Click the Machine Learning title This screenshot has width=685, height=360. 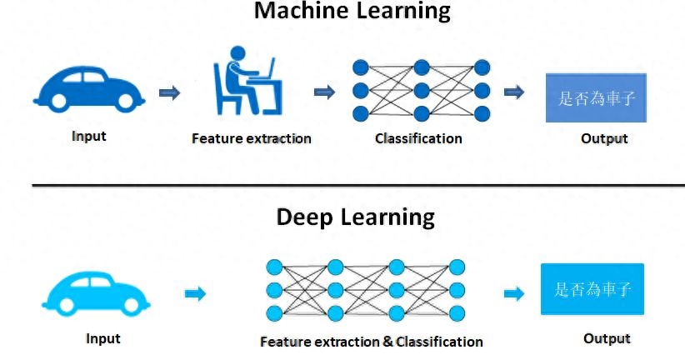[x=352, y=12]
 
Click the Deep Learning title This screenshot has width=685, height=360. [x=356, y=217]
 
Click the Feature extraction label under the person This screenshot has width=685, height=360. [x=251, y=138]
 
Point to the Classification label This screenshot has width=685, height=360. [x=418, y=138]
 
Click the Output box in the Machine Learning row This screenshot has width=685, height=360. [x=596, y=98]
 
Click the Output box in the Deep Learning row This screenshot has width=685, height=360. [x=592, y=289]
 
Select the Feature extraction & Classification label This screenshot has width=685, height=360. [x=371, y=342]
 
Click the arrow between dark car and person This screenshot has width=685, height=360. [x=169, y=92]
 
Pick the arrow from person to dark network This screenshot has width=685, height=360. [x=324, y=92]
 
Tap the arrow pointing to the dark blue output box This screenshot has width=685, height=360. [x=514, y=92]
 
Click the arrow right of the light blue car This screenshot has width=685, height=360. [x=194, y=293]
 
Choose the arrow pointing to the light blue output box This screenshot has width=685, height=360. [x=514, y=293]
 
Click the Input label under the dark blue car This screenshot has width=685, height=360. [x=89, y=136]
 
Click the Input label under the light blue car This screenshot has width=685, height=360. [x=103, y=338]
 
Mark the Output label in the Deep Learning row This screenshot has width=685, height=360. [x=607, y=338]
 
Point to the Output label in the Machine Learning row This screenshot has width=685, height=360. [x=604, y=138]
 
